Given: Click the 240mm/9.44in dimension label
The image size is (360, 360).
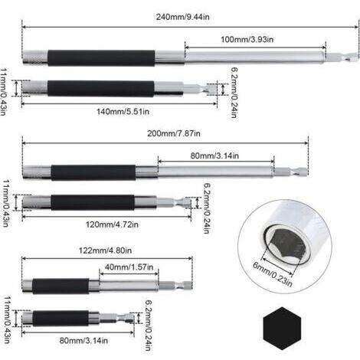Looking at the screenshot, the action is tap(183, 17).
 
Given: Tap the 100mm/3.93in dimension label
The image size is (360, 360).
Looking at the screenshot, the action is tap(247, 40).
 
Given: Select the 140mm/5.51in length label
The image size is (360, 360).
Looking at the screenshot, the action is tap(123, 112).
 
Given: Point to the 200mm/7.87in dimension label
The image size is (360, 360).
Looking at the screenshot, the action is tap(174, 133).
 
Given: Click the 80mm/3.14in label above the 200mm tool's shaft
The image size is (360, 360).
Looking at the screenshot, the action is tap(214, 155).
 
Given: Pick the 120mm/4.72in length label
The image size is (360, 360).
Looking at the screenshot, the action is tap(112, 224).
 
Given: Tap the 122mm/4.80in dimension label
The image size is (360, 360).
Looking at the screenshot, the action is tap(105, 250).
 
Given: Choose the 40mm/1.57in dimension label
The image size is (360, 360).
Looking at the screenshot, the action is tap(129, 267).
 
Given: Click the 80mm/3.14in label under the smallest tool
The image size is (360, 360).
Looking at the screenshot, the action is tap(83, 340).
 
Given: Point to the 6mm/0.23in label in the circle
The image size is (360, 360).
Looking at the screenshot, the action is tap(273, 274).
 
